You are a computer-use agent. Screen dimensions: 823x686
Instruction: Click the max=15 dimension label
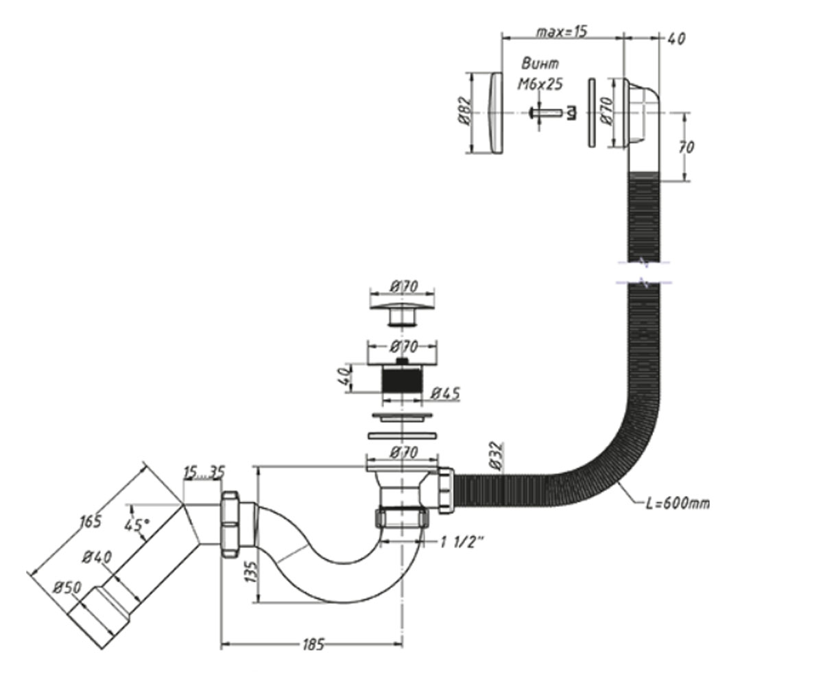tap(561, 32)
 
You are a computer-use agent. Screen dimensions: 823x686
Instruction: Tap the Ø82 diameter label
tap(465, 110)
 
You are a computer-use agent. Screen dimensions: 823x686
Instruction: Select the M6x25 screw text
tap(540, 84)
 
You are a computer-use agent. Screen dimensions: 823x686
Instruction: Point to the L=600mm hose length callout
tap(677, 504)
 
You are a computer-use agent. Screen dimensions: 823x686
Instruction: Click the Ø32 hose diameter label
tap(497, 456)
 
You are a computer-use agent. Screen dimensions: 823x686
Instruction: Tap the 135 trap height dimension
tap(252, 571)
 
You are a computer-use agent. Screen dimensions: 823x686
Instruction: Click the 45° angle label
tap(136, 525)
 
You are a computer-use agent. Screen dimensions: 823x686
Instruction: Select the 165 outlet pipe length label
tap(90, 521)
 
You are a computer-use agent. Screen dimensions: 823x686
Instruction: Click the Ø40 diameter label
tap(97, 557)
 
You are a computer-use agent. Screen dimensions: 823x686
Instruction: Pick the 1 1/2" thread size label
tap(461, 543)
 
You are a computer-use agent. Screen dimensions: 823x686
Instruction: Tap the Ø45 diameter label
tap(445, 394)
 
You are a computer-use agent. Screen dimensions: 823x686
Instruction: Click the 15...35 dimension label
tap(204, 473)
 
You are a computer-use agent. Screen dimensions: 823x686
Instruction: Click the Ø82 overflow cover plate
tap(495, 113)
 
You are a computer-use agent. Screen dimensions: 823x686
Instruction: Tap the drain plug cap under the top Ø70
tap(402, 314)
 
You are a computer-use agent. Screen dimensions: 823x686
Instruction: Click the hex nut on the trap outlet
tap(229, 524)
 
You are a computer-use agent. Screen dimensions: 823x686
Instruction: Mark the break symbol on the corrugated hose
tap(643, 272)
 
